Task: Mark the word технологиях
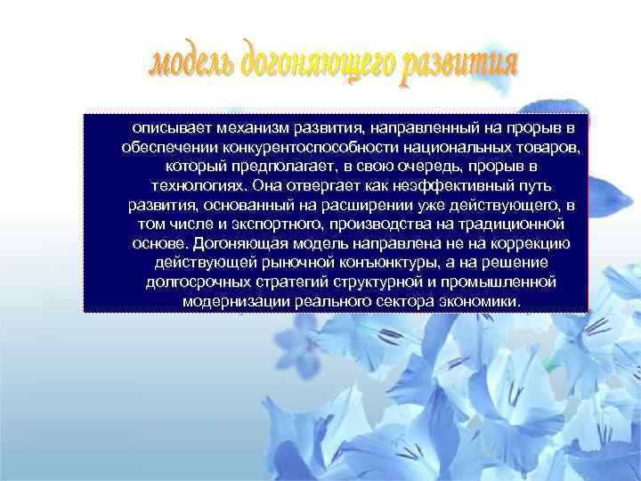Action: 196,186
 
